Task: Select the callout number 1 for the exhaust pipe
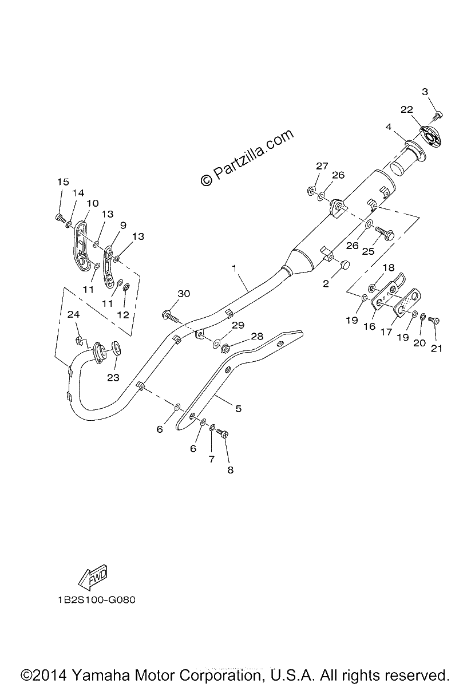pos(234,269)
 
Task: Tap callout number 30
pos(184,294)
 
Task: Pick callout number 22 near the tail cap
pos(406,109)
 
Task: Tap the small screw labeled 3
pos(439,115)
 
